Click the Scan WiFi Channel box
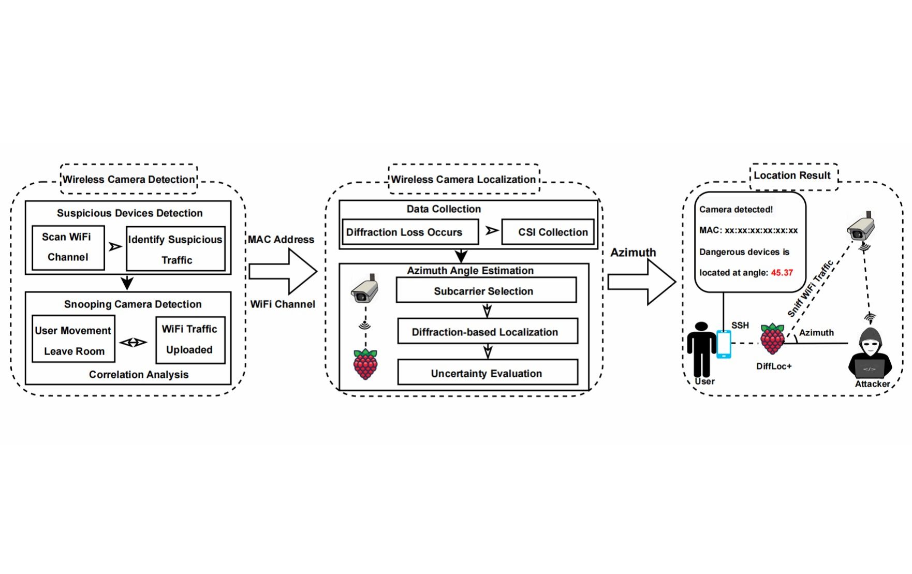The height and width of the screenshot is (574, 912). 68,247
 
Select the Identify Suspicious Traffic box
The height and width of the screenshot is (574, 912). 175,249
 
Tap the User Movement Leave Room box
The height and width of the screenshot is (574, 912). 73,340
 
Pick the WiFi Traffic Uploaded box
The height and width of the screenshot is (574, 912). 190,340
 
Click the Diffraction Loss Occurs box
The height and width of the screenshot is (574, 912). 409,232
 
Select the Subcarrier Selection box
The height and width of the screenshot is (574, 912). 486,290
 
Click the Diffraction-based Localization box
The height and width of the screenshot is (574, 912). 487,332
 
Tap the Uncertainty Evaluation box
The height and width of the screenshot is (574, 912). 487,373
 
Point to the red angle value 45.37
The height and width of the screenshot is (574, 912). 782,273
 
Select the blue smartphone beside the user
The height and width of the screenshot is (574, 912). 723,344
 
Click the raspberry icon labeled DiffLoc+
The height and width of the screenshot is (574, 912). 772,340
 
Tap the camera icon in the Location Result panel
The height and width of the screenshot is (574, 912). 861,228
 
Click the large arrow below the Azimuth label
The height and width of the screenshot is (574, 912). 641,282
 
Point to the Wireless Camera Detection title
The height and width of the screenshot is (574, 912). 129,180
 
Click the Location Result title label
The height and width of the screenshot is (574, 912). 792,175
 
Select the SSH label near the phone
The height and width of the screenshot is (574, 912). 740,325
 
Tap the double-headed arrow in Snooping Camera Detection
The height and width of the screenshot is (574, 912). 134,342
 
